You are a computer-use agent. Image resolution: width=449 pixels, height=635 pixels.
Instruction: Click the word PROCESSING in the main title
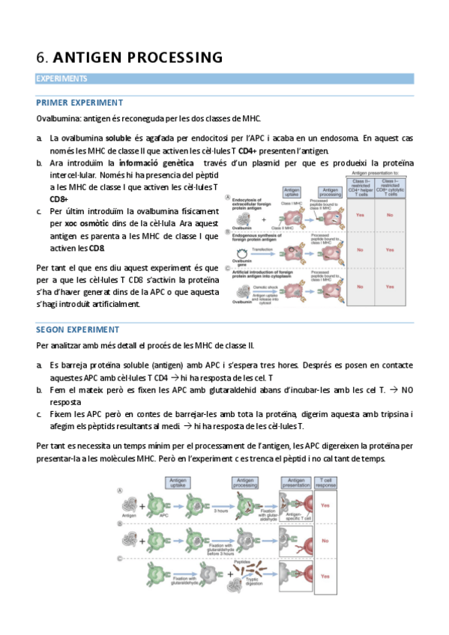[x=176, y=58]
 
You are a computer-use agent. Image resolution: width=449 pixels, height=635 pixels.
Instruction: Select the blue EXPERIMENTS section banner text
[x=61, y=79]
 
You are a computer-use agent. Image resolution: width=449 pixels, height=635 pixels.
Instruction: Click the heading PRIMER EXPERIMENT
[x=79, y=103]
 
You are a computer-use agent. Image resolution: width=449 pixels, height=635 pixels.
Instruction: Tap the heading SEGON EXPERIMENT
[x=78, y=329]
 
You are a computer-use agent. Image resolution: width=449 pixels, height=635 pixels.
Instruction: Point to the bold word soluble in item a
[x=118, y=139]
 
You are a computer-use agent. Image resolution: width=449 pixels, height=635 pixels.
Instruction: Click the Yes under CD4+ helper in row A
[x=360, y=215]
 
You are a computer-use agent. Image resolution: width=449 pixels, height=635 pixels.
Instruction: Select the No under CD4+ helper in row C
[x=360, y=286]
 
